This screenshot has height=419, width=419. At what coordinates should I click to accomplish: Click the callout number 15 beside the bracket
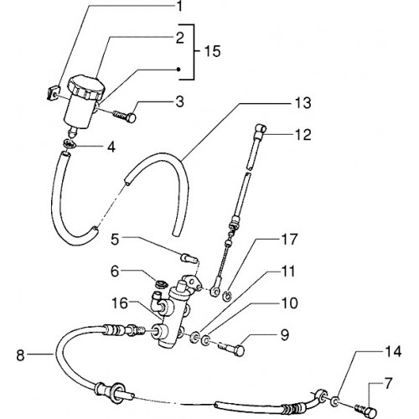pos(212,51)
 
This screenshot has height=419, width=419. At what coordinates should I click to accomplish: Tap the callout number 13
pos(303,103)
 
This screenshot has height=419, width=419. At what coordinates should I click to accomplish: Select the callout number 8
pos(20,356)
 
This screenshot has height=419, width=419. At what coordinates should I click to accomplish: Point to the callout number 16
pos(120,303)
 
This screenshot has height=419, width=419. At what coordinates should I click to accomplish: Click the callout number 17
pos(290,240)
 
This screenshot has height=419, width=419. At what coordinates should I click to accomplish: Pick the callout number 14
pos(393,352)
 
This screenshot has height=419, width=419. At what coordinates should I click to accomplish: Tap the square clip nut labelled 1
pos(53,93)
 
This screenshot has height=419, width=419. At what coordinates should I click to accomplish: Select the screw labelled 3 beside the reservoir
pos(125,116)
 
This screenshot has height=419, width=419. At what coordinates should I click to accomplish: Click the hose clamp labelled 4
pos(68,143)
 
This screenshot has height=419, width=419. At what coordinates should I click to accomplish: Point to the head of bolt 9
pos(240,350)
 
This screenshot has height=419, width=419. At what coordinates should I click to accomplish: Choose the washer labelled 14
pos(334,402)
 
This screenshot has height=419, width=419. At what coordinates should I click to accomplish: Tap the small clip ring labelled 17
pos(227,296)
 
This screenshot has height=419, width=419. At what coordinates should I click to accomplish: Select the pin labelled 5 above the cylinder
pos(189,257)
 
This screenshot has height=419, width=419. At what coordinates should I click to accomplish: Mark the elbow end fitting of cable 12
pos(261,130)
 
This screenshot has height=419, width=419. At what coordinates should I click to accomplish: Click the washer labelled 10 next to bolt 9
pos(206,340)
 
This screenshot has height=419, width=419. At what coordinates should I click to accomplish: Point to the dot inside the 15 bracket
pos(178,70)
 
